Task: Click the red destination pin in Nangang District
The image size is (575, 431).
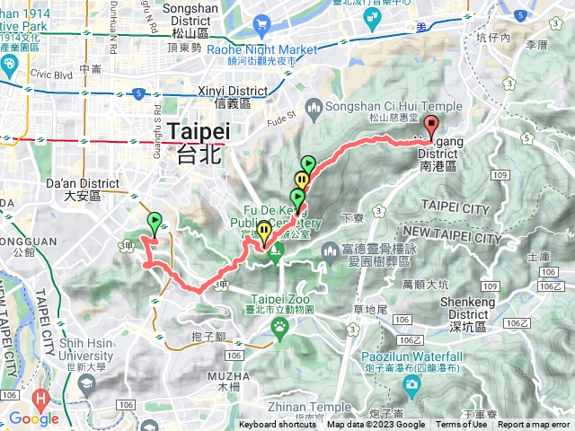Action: [x=431, y=127]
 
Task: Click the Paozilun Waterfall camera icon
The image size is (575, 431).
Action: [x=412, y=387]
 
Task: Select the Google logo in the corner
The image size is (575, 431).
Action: [x=33, y=418]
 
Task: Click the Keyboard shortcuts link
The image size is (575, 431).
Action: [x=278, y=425]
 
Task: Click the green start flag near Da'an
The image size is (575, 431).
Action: [x=155, y=220]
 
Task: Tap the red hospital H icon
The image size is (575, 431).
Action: [x=40, y=398]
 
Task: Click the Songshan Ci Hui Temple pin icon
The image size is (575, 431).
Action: [x=314, y=110]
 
